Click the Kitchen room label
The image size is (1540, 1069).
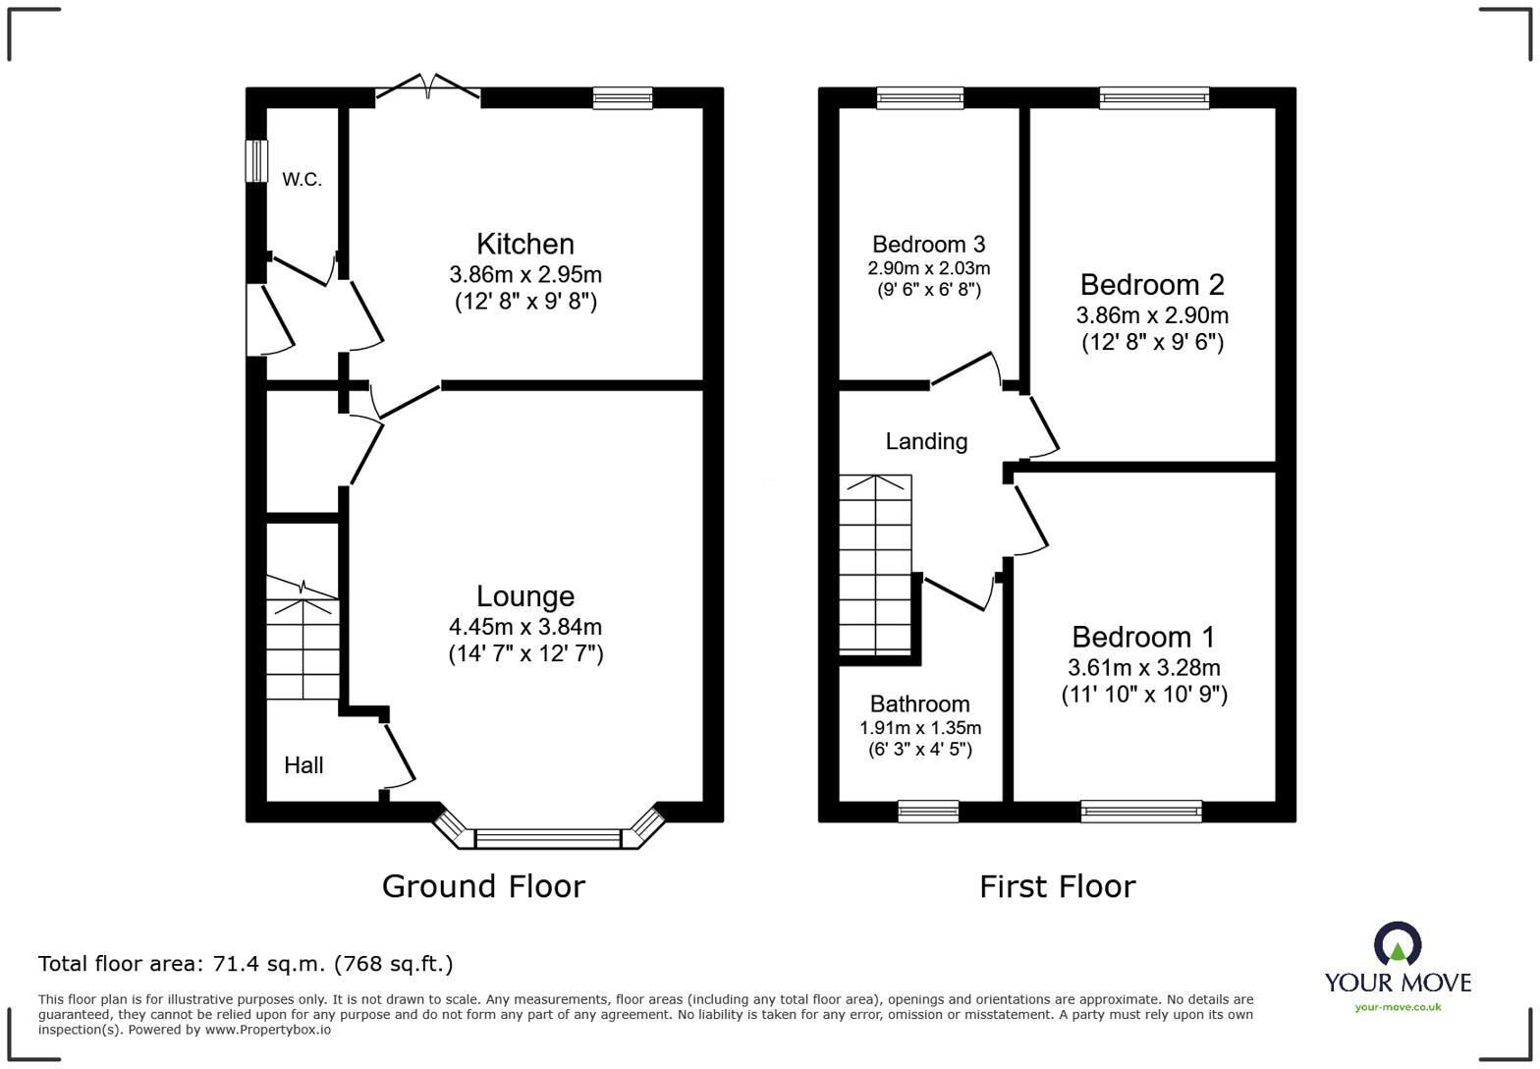pos(525,245)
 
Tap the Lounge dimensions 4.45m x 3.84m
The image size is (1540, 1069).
pos(525,627)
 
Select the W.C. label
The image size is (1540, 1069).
pos(302,180)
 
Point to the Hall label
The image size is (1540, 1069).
pos(303,765)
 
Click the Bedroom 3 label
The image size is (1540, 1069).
pos(928,245)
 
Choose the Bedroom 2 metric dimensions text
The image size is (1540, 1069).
pos(1152,315)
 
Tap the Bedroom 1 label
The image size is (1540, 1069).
pos(1143,637)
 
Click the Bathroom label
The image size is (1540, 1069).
pos(920,703)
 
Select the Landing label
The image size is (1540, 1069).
pos(926,441)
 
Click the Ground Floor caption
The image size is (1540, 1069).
pos(483,886)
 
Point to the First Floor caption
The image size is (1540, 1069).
pos(1058,886)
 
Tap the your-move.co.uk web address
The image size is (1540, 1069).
pos(1398,1008)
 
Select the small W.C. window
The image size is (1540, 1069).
pos(257,162)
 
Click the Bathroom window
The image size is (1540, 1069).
pos(928,811)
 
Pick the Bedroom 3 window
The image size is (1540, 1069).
pos(920,97)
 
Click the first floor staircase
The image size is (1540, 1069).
pos(875,564)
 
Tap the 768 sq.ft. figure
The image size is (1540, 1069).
pos(393,965)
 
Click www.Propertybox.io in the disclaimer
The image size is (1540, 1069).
pos(267,1030)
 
